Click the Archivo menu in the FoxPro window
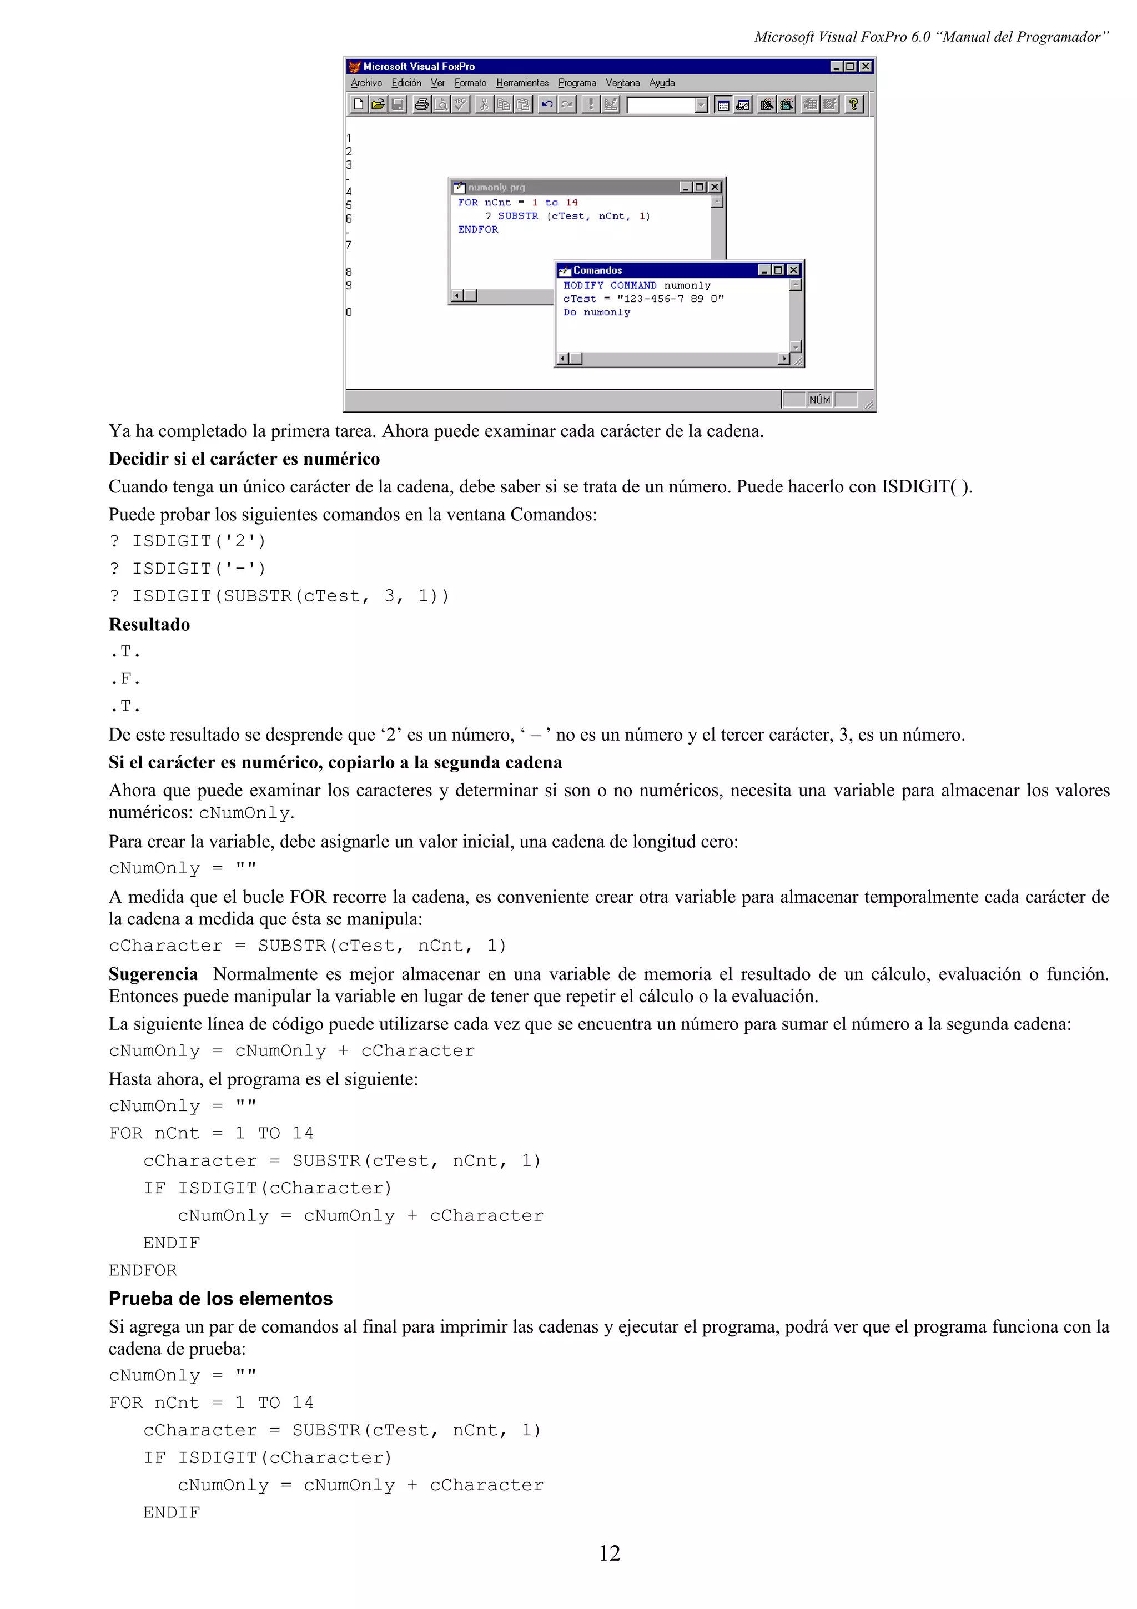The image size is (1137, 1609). (x=366, y=83)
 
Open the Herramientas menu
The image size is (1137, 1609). (x=522, y=83)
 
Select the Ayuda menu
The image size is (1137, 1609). (x=661, y=83)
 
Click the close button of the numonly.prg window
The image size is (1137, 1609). (x=715, y=187)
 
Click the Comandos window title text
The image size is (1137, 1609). (x=597, y=270)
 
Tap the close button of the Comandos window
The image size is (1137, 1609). (x=793, y=270)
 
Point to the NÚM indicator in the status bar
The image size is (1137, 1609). (x=819, y=399)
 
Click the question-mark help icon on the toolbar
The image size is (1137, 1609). (x=853, y=104)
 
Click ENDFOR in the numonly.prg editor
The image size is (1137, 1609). (x=478, y=229)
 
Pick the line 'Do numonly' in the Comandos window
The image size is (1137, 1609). (x=596, y=313)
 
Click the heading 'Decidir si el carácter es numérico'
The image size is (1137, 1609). (x=244, y=459)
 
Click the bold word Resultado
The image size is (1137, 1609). (x=149, y=625)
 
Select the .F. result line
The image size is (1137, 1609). (x=125, y=679)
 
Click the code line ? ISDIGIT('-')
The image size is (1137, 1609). (x=188, y=569)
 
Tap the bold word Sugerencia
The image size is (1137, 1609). (x=153, y=974)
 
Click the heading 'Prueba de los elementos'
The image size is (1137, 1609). (x=220, y=1299)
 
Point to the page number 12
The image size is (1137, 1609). (x=609, y=1553)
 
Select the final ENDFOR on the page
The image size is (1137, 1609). (x=143, y=1270)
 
